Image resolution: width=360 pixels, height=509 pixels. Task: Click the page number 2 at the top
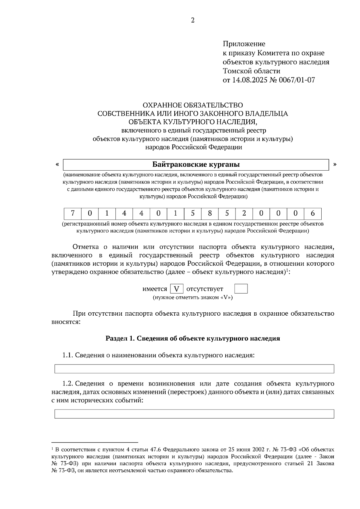pos(193,20)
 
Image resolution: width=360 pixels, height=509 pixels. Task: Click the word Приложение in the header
pos(244,44)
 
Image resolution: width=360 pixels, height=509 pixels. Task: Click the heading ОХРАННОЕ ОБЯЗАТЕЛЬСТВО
pos(193,105)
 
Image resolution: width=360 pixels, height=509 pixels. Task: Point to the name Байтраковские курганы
pos(196,165)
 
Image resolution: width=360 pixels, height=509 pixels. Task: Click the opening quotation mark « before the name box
pos(57,164)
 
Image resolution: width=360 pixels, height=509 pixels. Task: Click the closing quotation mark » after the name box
pos(335,164)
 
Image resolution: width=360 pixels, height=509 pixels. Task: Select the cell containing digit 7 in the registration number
pos(73,214)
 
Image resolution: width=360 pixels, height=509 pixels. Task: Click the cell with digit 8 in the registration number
pos(210,214)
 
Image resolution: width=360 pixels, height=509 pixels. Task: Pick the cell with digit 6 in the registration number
pos(313,214)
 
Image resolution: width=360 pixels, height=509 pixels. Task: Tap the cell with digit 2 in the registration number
pos(244,214)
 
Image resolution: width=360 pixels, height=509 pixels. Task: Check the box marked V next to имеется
pos(177,289)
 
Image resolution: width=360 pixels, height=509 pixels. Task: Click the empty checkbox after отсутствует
pos(241,289)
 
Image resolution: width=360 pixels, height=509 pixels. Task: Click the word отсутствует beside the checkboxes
pos(205,289)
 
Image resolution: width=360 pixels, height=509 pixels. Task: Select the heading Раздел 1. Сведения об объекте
pos(193,338)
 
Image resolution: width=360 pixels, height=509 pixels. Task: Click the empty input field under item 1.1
pos(194,369)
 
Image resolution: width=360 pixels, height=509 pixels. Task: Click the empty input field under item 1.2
pos(194,414)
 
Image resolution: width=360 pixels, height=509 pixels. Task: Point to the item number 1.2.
pos(68,384)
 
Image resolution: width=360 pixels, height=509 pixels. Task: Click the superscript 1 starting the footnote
pos(52,448)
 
